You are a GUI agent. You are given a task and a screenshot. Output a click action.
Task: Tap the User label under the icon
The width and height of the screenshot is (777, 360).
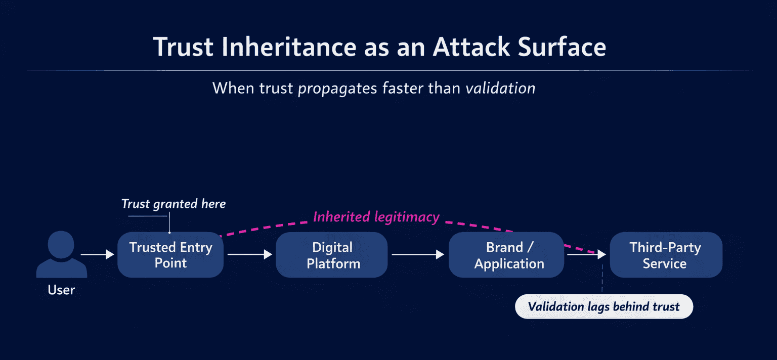(61, 290)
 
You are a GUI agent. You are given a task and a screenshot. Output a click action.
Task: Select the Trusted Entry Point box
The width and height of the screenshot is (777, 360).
(170, 255)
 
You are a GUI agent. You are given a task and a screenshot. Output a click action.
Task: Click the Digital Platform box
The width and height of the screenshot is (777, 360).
(332, 255)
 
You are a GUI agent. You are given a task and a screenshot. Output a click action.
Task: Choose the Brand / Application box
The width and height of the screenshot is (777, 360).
(506, 255)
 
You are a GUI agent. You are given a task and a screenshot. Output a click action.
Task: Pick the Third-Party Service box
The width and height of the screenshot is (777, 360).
(666, 255)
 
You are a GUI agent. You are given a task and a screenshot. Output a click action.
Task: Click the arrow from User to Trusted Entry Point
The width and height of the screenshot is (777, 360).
(98, 255)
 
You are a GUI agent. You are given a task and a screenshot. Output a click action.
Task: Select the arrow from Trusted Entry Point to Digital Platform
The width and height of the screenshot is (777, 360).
(250, 255)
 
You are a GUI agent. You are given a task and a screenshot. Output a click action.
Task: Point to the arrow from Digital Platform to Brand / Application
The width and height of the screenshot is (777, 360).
(418, 255)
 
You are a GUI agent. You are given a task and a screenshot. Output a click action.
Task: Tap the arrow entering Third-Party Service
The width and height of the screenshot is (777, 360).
(587, 255)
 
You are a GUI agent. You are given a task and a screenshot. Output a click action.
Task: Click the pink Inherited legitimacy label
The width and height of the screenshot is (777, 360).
(376, 217)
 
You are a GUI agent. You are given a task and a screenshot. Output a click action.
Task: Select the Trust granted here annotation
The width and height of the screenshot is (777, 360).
(174, 204)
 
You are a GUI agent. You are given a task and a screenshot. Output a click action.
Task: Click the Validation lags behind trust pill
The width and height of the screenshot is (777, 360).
(603, 307)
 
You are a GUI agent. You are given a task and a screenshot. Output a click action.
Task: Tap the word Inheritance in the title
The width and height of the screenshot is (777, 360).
(289, 47)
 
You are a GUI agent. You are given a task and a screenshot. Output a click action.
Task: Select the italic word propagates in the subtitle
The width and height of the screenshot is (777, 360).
(337, 88)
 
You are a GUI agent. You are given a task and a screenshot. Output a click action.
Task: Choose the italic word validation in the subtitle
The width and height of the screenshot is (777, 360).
(500, 88)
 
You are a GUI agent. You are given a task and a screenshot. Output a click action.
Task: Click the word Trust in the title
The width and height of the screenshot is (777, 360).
(183, 47)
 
